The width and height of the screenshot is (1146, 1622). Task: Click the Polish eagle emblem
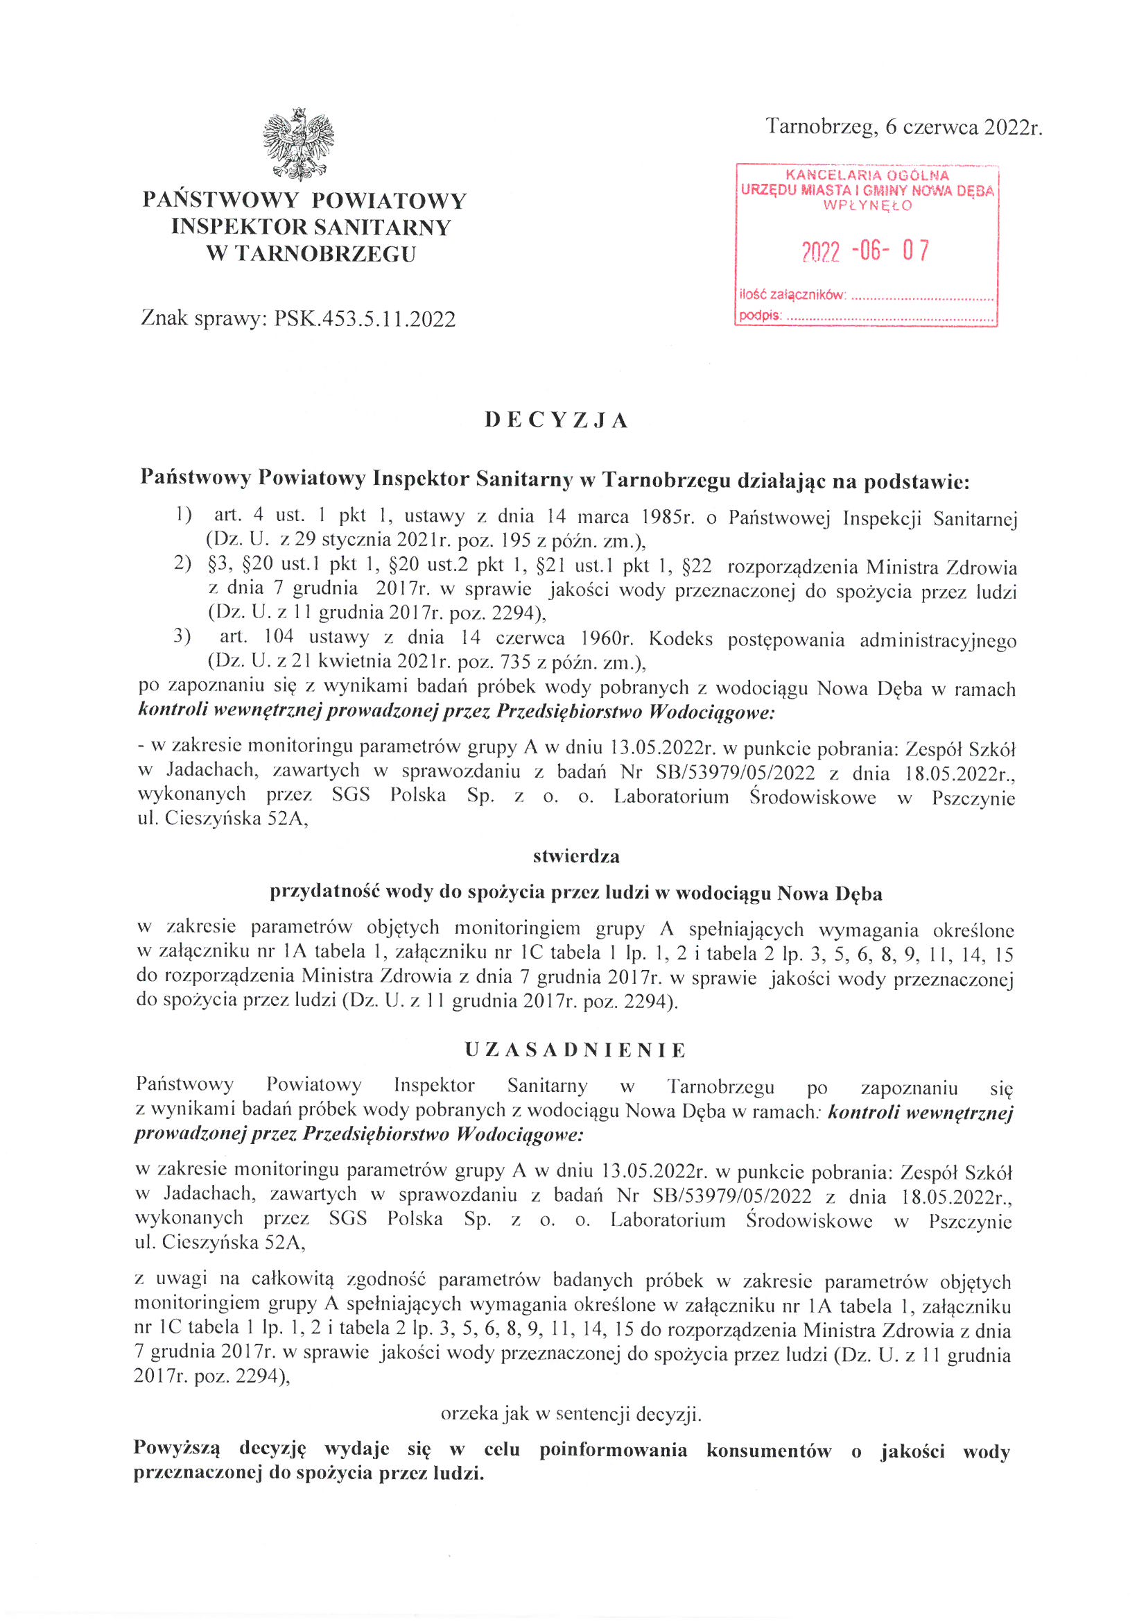pyautogui.click(x=298, y=144)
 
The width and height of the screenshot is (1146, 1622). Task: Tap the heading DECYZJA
pyautogui.click(x=557, y=420)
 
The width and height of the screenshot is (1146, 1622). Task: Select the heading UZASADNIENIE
pyautogui.click(x=575, y=1050)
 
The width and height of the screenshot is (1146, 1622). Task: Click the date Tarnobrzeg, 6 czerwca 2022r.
pyautogui.click(x=904, y=127)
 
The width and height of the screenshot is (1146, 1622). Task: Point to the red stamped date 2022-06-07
pyautogui.click(x=866, y=250)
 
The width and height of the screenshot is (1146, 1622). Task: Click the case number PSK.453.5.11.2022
pyautogui.click(x=365, y=319)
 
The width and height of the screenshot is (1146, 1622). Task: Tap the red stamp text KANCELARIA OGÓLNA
pyautogui.click(x=867, y=176)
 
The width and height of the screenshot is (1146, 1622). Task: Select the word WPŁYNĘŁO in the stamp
pyautogui.click(x=867, y=206)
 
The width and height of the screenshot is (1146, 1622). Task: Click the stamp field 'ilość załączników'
pyautogui.click(x=792, y=295)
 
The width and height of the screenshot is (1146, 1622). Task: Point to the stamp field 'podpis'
pyautogui.click(x=761, y=316)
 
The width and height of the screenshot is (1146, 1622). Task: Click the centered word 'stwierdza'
pyautogui.click(x=576, y=856)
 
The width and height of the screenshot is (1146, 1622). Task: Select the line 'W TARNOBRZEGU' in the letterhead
pyautogui.click(x=311, y=254)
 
